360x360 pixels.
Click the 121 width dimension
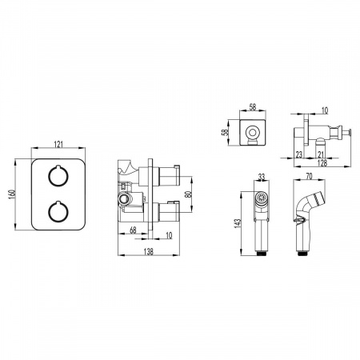58,144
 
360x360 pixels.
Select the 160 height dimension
11,194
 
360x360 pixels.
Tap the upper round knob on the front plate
58,175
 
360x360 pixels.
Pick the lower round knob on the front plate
58,212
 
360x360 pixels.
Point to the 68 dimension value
133,230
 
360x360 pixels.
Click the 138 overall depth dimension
148,251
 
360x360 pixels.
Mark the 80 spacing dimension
189,194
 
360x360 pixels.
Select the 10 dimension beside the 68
169,235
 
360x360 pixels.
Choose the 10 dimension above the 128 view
325,110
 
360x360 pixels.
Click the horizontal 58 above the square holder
253,107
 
